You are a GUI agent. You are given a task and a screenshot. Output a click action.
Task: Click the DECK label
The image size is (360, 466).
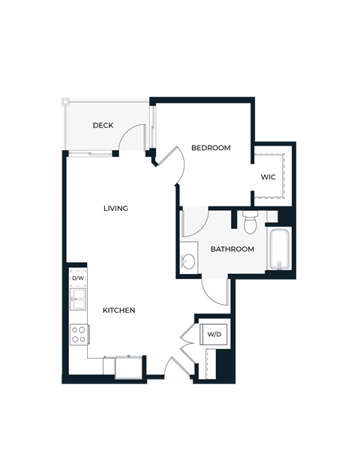[x=103, y=125]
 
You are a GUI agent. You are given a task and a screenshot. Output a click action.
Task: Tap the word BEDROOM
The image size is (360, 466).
[x=211, y=148]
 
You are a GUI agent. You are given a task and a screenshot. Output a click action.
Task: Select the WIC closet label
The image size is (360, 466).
[x=268, y=178]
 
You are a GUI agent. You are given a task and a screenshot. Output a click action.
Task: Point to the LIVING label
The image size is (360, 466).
[x=115, y=208]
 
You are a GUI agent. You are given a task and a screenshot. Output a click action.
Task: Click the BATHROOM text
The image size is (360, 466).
[x=232, y=249]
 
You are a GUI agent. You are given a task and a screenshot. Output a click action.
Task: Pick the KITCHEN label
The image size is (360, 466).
[x=118, y=310]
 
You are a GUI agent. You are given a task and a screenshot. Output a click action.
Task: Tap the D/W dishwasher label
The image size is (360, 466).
[x=77, y=278]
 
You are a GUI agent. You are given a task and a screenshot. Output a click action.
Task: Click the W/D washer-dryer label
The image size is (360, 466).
[x=214, y=334]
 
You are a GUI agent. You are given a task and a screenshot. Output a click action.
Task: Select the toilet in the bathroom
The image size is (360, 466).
[x=250, y=223]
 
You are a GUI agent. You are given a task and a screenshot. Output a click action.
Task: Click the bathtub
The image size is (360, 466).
[x=280, y=248]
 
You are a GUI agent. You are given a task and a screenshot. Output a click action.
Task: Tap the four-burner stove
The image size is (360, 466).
[x=78, y=334]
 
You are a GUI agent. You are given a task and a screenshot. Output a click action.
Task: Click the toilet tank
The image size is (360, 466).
[x=250, y=213]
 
